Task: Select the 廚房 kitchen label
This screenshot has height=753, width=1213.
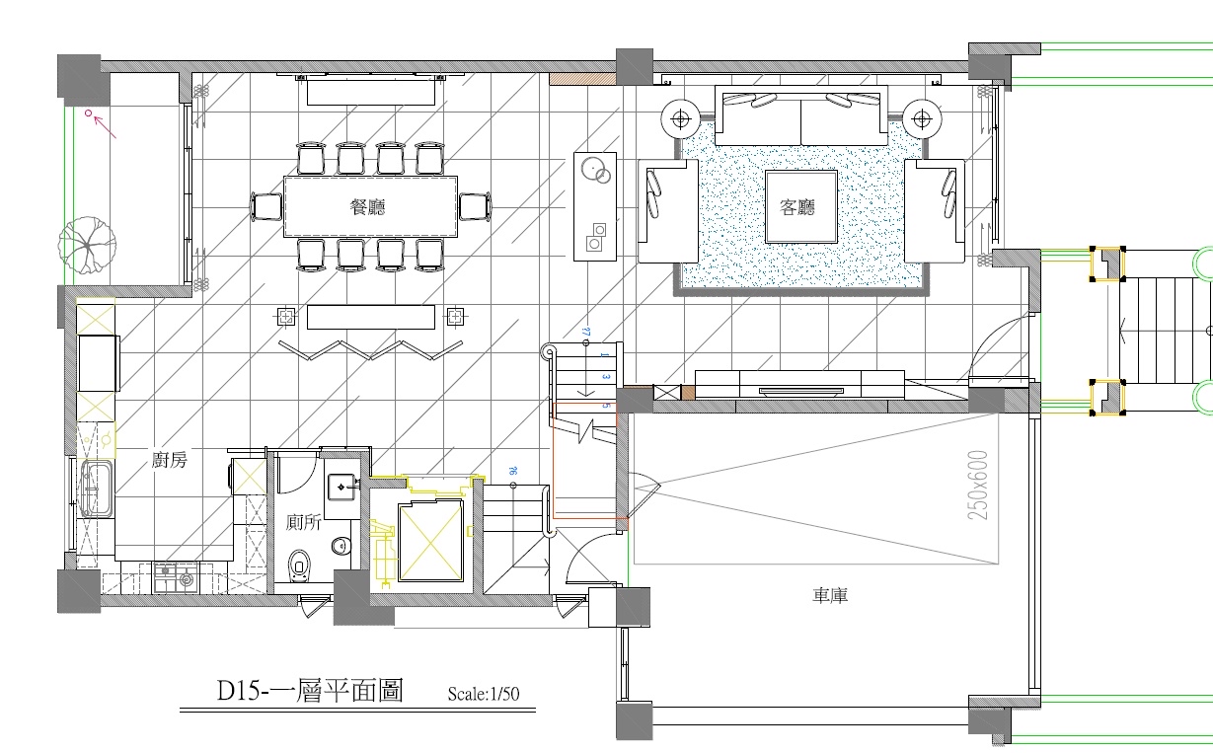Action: tap(170, 459)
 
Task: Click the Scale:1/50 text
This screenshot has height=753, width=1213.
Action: tap(483, 694)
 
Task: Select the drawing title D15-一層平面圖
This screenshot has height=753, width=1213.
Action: tap(309, 691)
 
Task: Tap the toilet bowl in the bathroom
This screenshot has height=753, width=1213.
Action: tap(301, 567)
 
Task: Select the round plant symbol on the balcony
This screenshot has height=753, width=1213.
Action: tap(87, 245)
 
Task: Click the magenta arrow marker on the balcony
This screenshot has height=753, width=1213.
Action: tap(101, 122)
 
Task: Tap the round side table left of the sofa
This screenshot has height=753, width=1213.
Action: tap(680, 119)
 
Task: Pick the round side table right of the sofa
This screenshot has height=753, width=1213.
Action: tap(922, 119)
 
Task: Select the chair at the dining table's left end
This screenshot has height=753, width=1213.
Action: tap(267, 207)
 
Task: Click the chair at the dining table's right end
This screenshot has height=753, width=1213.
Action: tap(475, 207)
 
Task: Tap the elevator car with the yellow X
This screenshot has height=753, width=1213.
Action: tap(428, 541)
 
